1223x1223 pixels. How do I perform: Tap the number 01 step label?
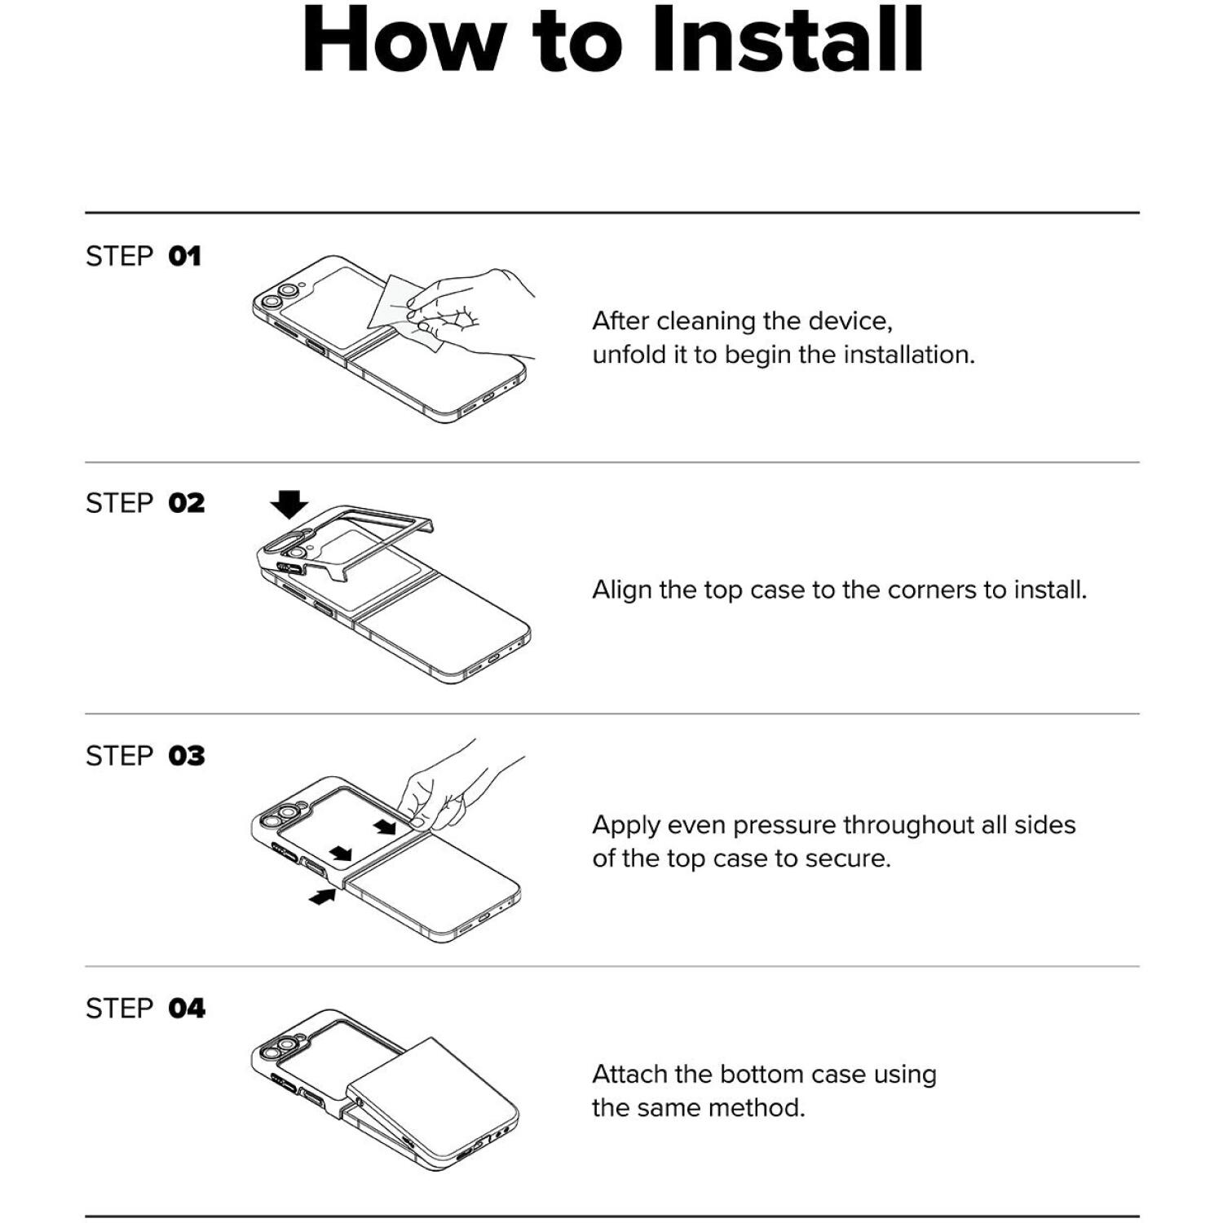point(184,257)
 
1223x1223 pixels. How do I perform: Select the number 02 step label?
point(187,504)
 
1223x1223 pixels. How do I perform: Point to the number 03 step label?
point(187,757)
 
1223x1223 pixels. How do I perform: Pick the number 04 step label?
point(187,1009)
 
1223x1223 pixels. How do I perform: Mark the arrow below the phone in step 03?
point(323,897)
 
